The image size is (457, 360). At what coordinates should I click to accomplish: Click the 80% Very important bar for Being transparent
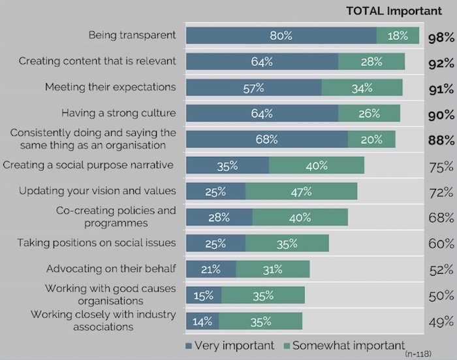click(281, 36)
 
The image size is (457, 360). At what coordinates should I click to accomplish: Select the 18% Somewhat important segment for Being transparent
click(398, 36)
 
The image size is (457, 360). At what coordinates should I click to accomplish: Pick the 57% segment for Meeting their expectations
click(254, 88)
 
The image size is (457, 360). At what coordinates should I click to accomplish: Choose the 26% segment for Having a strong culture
click(368, 113)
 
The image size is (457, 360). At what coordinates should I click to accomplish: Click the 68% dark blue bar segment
click(266, 139)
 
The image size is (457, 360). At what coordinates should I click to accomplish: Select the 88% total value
click(441, 140)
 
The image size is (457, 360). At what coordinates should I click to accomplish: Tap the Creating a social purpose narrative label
click(87, 165)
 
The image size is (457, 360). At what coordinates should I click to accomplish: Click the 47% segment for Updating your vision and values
click(301, 191)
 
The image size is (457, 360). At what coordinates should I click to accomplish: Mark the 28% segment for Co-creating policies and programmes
click(219, 217)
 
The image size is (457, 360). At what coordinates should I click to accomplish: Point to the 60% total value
click(441, 244)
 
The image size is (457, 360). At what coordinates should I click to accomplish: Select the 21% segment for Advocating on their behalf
click(211, 269)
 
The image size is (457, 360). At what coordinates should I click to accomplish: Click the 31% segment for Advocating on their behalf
click(272, 269)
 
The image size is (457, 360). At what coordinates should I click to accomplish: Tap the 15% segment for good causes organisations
click(204, 295)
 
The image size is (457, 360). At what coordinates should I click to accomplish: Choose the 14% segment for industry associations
click(202, 321)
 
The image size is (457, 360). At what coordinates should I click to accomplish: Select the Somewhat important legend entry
click(344, 344)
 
